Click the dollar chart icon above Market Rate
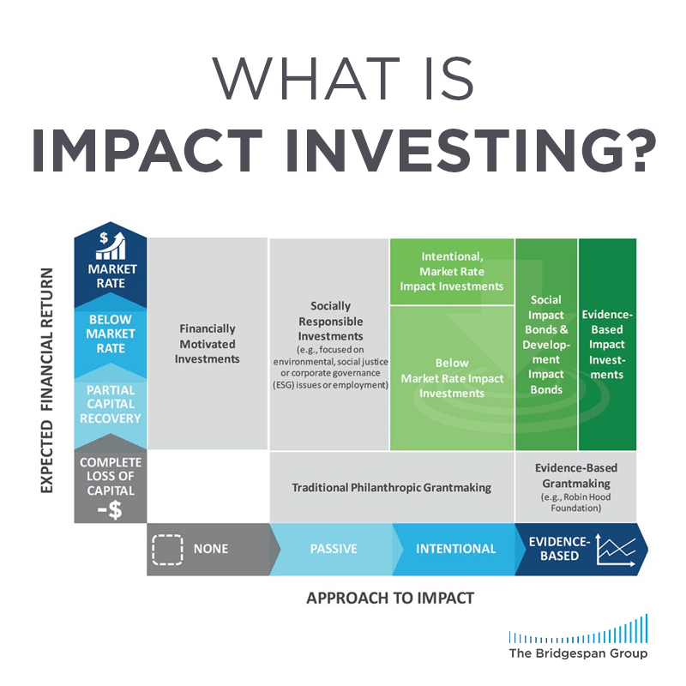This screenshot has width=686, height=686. tap(110, 244)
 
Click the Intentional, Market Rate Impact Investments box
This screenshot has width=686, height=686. tap(451, 271)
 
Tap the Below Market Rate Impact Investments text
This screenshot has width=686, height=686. tap(451, 378)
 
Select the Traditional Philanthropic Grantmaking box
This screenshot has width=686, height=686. tap(391, 487)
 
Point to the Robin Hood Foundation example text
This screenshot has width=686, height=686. tap(576, 502)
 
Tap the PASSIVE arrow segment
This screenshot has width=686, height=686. tap(333, 549)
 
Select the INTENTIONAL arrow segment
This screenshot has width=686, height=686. tap(455, 549)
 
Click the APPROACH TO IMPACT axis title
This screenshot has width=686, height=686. tap(390, 598)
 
